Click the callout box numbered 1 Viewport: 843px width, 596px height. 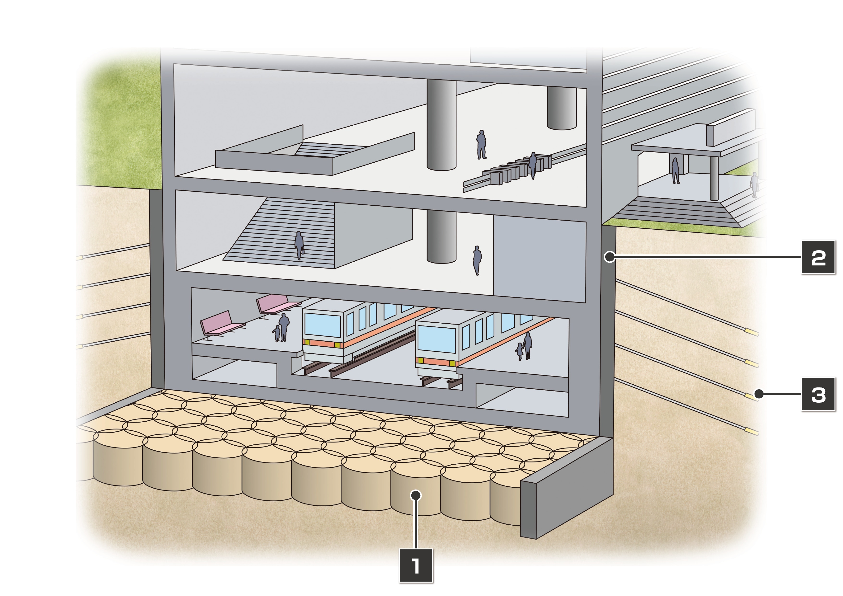[x=416, y=565]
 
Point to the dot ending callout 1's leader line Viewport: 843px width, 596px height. [x=416, y=495]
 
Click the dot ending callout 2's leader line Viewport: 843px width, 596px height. [x=609, y=257]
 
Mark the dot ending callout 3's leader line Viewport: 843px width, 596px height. [x=759, y=394]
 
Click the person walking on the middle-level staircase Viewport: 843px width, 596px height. [x=299, y=245]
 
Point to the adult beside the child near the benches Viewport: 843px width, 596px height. [x=284, y=327]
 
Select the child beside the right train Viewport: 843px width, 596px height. [x=519, y=352]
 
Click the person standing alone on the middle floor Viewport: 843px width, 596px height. [x=477, y=260]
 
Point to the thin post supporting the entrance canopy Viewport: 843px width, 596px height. [x=714, y=178]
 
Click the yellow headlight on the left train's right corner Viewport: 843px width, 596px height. [x=337, y=345]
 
